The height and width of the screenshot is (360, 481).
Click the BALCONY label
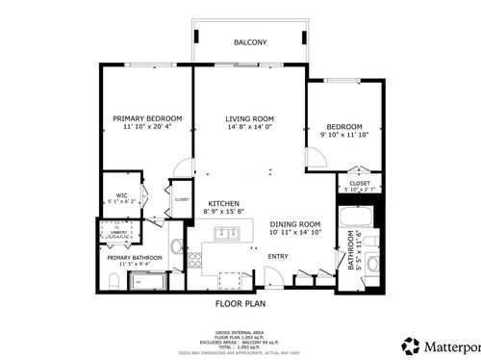[250, 43]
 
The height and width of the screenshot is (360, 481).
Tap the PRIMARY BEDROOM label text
[139, 118]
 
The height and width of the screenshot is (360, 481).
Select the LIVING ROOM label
[250, 118]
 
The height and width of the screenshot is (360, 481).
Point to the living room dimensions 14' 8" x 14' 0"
[250, 127]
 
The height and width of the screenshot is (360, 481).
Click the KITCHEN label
[223, 203]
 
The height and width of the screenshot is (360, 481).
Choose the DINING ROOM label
[294, 223]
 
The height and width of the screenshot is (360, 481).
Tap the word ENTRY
[278, 256]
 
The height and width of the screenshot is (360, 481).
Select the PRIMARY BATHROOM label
[134, 257]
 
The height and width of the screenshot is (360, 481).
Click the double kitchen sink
[227, 232]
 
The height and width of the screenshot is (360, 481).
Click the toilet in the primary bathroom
[113, 282]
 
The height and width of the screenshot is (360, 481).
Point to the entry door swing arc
[274, 276]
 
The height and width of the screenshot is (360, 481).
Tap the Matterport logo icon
[411, 345]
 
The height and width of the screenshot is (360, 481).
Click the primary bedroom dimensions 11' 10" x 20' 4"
[139, 127]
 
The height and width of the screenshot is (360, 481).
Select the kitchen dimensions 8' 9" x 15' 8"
[223, 212]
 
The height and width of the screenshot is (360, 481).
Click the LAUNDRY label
[118, 232]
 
